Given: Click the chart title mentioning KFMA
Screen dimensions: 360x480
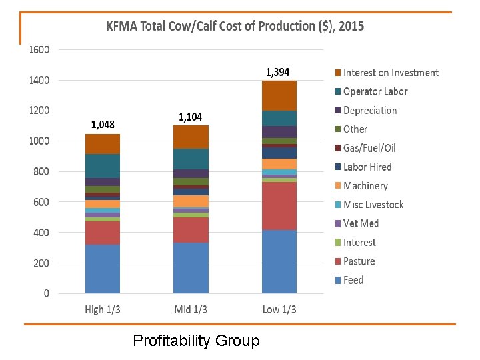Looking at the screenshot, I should click(x=235, y=27).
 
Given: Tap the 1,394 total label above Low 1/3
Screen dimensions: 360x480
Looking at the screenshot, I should click(x=277, y=72).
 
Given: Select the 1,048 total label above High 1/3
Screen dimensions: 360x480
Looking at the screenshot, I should click(x=103, y=124).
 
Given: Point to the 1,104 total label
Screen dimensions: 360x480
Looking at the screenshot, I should click(x=190, y=117).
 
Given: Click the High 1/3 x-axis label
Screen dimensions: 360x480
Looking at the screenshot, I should click(x=103, y=309).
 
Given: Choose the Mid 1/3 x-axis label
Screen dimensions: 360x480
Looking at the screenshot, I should click(x=191, y=309).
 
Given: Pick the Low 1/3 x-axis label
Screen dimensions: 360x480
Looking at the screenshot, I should click(x=279, y=309).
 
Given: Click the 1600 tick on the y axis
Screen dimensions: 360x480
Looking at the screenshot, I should click(x=39, y=49).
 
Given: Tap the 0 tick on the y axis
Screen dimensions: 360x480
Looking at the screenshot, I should click(x=46, y=293).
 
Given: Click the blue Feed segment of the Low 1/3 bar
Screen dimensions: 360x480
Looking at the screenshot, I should click(x=279, y=261).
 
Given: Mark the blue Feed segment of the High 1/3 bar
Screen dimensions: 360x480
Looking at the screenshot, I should click(x=103, y=269).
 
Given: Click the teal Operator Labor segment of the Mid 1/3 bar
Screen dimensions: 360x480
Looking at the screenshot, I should click(x=191, y=159).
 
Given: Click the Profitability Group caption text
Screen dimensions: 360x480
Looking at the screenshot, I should click(x=196, y=341).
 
